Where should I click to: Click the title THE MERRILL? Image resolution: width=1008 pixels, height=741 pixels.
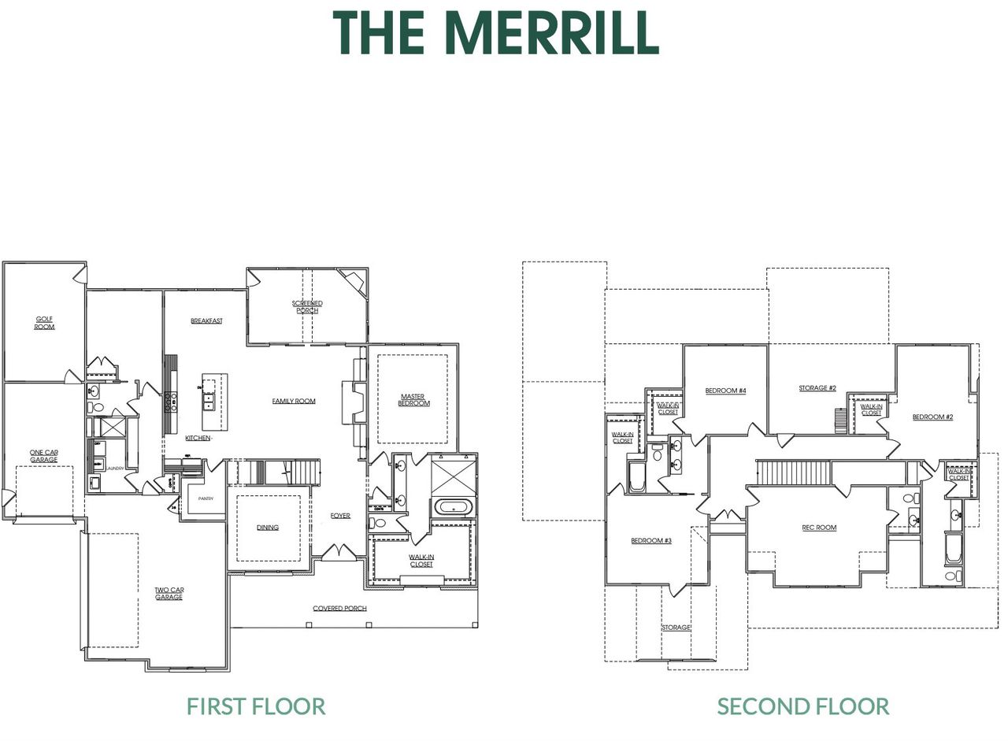(495, 33)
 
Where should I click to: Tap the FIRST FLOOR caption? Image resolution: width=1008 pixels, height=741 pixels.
(256, 706)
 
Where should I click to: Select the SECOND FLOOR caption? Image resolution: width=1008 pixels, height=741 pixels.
(802, 706)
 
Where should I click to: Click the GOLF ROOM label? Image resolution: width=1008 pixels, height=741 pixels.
(45, 323)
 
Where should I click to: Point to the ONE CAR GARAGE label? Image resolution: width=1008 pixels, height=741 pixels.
(44, 456)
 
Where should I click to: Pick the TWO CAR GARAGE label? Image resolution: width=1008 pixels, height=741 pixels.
(169, 594)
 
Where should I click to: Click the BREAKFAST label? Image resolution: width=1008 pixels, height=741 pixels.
(206, 321)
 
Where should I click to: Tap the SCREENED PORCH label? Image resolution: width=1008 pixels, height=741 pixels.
(307, 307)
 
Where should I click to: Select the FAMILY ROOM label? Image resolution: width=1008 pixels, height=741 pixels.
(294, 401)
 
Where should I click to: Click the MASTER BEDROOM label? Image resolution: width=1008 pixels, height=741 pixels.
(413, 400)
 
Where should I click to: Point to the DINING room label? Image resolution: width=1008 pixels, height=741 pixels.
(268, 528)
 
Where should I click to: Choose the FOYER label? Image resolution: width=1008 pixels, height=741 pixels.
(340, 516)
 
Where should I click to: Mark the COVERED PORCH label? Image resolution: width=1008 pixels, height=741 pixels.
(339, 609)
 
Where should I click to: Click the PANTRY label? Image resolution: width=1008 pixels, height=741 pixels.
(206, 498)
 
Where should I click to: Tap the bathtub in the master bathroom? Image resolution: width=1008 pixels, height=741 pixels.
(454, 508)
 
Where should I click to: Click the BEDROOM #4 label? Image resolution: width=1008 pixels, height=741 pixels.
(725, 391)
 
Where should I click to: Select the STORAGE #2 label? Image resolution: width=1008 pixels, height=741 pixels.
(817, 388)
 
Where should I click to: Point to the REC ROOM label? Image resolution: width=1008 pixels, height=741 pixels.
(819, 528)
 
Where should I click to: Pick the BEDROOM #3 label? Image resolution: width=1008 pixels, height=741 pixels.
(651, 541)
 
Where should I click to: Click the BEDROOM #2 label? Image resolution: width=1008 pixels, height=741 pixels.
(932, 417)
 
